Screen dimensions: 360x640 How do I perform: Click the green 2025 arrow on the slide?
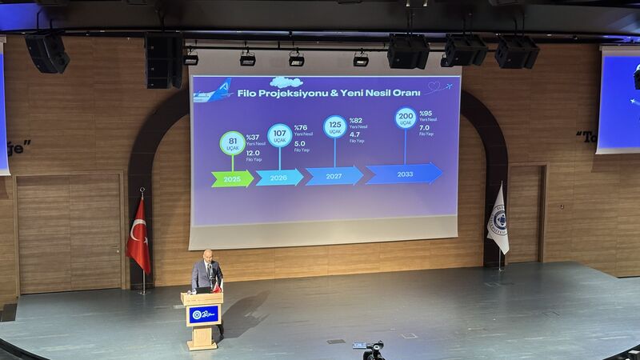click(x=232, y=178)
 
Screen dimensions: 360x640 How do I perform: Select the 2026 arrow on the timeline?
click(x=279, y=177)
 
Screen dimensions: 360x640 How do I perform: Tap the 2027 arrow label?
click(x=334, y=175)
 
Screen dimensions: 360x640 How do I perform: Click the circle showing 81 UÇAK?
click(x=232, y=142)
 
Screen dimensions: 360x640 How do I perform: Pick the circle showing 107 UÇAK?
click(x=280, y=134)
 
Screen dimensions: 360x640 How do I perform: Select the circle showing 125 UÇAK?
click(x=335, y=126)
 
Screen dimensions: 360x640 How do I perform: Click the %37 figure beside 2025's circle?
click(x=253, y=137)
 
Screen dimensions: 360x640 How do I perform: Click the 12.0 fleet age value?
click(x=253, y=153)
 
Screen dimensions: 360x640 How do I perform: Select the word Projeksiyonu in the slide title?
click(x=284, y=93)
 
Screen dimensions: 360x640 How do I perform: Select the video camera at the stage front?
click(x=374, y=350)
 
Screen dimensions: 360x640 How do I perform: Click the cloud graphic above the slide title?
click(x=286, y=82)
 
